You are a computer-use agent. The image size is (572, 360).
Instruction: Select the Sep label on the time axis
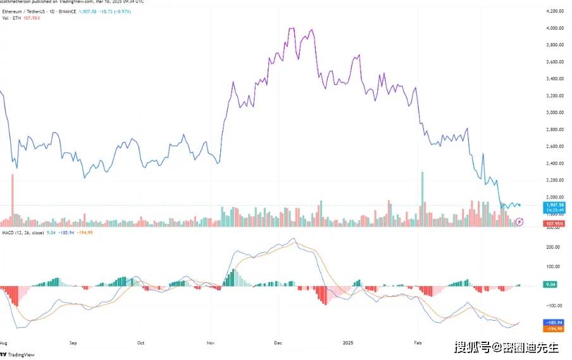73,343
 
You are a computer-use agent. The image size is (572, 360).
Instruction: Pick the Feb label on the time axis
418,343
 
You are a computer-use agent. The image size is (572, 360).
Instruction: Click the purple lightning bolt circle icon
520,221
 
